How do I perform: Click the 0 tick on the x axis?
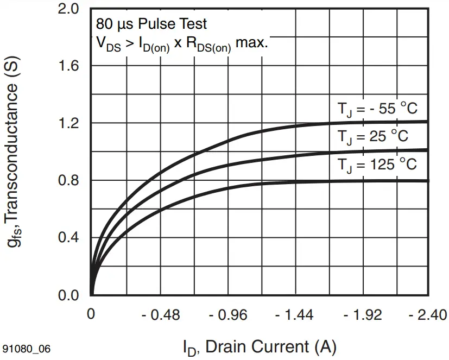point(91,315)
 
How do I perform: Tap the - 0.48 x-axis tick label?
point(161,315)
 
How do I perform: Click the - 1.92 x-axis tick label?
point(362,315)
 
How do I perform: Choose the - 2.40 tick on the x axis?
point(427,315)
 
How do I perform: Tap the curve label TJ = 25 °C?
point(373,137)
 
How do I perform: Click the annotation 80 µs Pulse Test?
point(151,24)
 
